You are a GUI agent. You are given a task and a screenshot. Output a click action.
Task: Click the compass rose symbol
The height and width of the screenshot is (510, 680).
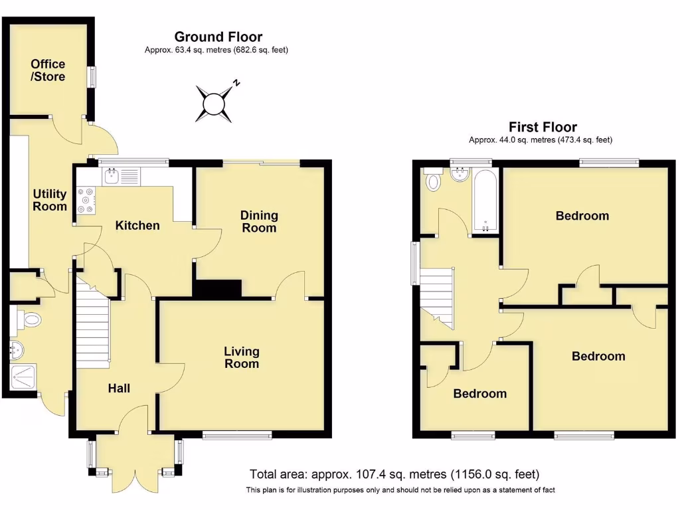214,104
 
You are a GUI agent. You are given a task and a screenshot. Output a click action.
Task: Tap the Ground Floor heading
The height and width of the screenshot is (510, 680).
218,37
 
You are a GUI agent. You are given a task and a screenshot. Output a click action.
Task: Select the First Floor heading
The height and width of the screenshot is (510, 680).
543,127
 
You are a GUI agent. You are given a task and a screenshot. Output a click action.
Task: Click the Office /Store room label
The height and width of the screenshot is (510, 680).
48,70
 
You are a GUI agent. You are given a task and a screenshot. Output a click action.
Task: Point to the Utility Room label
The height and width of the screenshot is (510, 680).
50,200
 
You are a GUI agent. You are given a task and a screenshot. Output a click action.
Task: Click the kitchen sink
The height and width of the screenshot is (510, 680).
111,177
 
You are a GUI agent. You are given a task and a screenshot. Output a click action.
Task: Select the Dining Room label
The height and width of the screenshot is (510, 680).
259,222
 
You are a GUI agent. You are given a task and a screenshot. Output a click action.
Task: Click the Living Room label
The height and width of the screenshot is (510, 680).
241,357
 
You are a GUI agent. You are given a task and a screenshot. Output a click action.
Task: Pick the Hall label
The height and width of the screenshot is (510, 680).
120,388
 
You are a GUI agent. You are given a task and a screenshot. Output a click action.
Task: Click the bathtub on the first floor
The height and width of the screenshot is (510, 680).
485,199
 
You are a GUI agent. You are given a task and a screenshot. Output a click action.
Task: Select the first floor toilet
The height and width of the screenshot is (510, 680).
434,180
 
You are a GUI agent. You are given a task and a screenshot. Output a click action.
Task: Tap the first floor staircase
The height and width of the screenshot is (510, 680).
436,296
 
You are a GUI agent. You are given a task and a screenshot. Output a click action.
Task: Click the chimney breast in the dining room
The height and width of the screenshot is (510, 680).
217,288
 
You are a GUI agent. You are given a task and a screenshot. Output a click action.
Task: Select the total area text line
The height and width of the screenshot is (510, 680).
394,474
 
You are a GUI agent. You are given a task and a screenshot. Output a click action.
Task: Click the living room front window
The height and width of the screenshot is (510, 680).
237,435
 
